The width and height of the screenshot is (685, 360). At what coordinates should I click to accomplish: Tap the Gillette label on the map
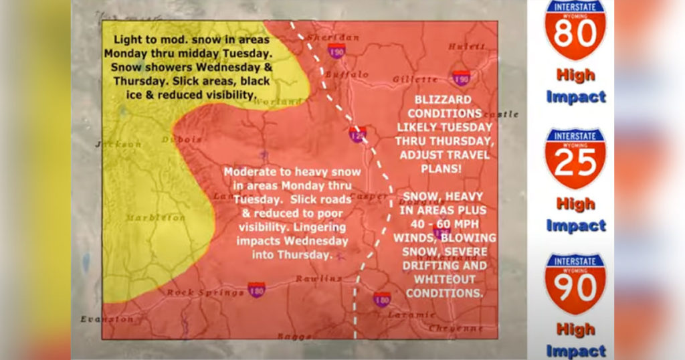pyautogui.click(x=415, y=79)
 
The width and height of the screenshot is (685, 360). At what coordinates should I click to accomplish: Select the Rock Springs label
pyautogui.click(x=205, y=292)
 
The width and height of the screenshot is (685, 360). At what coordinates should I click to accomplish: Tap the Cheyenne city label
pyautogui.click(x=456, y=328)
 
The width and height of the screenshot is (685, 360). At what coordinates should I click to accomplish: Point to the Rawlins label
pyautogui.click(x=319, y=278)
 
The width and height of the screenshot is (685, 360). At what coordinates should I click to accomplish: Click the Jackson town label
pyautogui.click(x=118, y=144)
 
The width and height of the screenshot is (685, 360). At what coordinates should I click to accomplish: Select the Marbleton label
pyautogui.click(x=156, y=217)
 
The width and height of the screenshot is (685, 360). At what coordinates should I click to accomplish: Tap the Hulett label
pyautogui.click(x=466, y=46)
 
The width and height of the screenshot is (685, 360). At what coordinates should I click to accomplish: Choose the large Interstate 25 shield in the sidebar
pyautogui.click(x=575, y=158)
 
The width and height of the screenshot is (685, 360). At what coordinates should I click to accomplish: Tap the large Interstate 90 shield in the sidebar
pyautogui.click(x=575, y=284)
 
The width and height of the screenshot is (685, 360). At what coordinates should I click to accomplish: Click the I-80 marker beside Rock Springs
pyautogui.click(x=256, y=289)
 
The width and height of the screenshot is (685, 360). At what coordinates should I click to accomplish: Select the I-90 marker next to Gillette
pyautogui.click(x=460, y=78)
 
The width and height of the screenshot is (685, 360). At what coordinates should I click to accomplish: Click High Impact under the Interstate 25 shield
pyautogui.click(x=575, y=214)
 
